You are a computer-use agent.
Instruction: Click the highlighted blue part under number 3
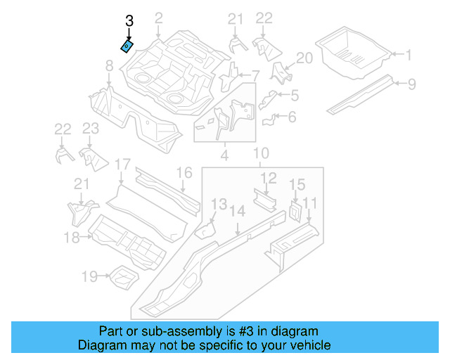point(127,46)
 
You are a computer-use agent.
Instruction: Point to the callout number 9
point(412,84)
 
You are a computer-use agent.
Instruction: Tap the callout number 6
point(292,117)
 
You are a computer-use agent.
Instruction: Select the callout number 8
point(109,66)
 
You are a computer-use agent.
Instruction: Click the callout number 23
point(91,128)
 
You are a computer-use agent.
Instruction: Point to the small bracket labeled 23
point(91,158)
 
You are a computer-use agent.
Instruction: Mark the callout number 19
point(89,277)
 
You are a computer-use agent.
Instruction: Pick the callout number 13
point(219,204)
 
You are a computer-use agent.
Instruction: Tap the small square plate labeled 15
point(295,212)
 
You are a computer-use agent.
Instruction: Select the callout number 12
point(269,179)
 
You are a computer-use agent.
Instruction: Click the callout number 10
point(261,153)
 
